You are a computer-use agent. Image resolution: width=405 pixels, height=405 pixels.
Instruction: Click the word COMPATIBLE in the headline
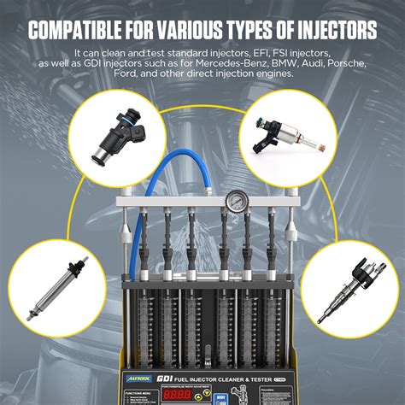85,32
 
